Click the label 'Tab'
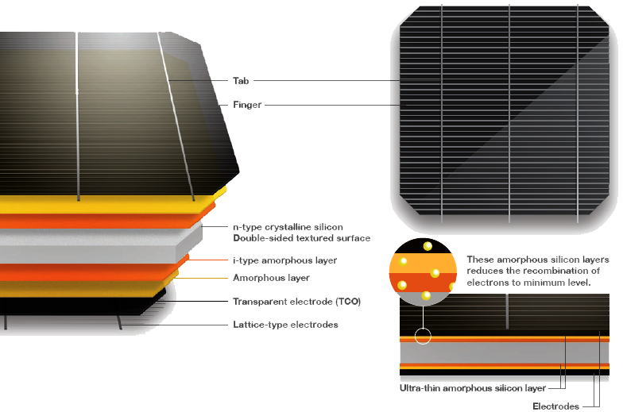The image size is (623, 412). click(x=241, y=80)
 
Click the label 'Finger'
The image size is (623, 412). click(x=247, y=104)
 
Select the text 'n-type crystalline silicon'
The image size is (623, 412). click(x=287, y=227)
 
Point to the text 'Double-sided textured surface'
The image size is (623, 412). click(x=301, y=238)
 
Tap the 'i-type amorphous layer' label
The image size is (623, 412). click(x=284, y=260)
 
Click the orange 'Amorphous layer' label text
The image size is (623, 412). click(x=271, y=278)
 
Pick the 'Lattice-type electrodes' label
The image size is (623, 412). click(x=285, y=325)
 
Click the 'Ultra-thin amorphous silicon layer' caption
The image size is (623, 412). click(x=472, y=388)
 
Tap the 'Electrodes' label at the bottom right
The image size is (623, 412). click(x=556, y=406)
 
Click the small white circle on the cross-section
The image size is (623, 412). click(x=423, y=337)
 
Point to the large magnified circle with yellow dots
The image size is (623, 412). click(x=423, y=274)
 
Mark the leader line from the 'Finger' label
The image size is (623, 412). click(x=334, y=104)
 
